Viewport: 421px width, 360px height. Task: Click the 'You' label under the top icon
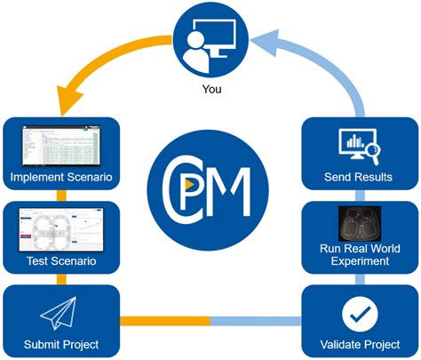tap(210, 89)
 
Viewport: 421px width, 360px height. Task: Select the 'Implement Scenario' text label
tap(60, 178)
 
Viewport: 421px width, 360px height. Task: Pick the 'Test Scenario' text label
tap(60, 262)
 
